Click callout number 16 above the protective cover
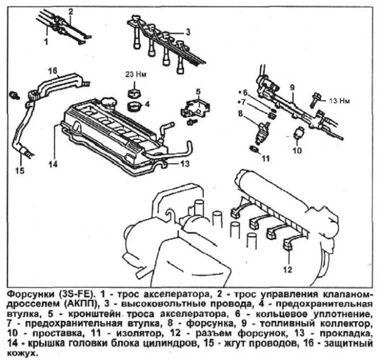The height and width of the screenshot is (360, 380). point(52,71)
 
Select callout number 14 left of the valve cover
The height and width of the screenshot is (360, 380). point(53,164)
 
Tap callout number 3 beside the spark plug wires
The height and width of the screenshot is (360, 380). point(188,32)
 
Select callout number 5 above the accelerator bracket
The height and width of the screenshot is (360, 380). point(198,91)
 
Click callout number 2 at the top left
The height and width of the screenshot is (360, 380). point(71,11)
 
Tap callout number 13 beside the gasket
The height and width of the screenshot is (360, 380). point(184,164)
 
